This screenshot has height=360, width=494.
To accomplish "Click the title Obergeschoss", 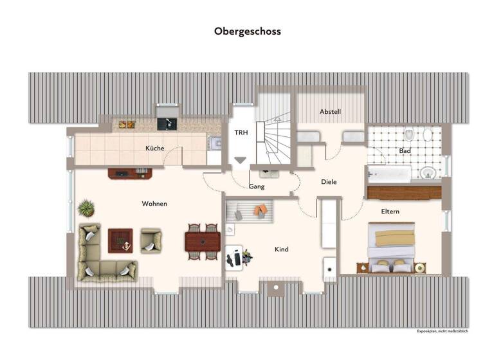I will pyautogui.click(x=248, y=31).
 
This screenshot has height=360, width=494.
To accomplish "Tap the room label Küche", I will pyautogui.click(x=154, y=148).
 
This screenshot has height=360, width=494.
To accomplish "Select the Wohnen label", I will pyautogui.click(x=154, y=204).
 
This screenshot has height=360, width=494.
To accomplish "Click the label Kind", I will pyautogui.click(x=281, y=249).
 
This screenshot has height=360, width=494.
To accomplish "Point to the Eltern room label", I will pyautogui.click(x=390, y=212).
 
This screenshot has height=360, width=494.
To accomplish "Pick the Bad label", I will pyautogui.click(x=405, y=151).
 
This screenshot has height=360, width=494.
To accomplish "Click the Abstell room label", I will pyautogui.click(x=330, y=112).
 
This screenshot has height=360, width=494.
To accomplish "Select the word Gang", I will pyautogui.click(x=257, y=186).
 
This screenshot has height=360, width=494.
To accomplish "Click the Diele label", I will pyautogui.click(x=329, y=182).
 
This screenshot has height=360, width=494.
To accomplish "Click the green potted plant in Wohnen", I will pyautogui.click(x=86, y=208).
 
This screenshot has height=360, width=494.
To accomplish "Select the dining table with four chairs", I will pyautogui.click(x=202, y=241).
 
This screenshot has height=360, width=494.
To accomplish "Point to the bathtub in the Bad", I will pyautogui.click(x=389, y=174).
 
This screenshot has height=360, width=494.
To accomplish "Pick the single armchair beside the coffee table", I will pyautogui.click(x=152, y=240).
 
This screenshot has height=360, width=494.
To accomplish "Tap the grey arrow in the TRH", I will pyautogui.click(x=240, y=160).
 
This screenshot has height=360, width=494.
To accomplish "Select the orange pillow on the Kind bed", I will pyautogui.click(x=261, y=210).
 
